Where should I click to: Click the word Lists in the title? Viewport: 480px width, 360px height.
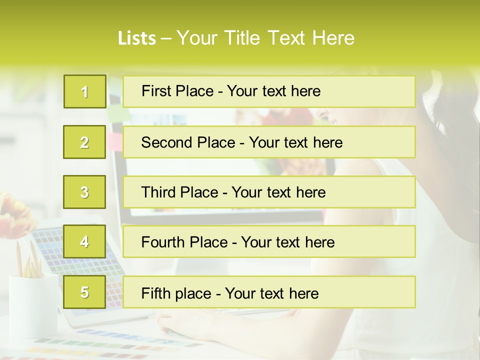coord(136,38)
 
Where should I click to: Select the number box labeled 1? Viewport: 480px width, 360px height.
coord(85,91)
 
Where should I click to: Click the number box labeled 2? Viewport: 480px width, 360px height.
coord(84,142)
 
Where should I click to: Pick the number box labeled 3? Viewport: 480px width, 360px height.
coord(84,192)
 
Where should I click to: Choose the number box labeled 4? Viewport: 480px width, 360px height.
coord(84,241)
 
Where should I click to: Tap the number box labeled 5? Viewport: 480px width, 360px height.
coord(84,292)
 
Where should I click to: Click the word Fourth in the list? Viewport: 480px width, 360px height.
coord(163,242)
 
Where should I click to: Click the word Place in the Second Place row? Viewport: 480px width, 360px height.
coord(215,142)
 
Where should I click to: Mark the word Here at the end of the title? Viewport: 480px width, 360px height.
coord(333,38)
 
